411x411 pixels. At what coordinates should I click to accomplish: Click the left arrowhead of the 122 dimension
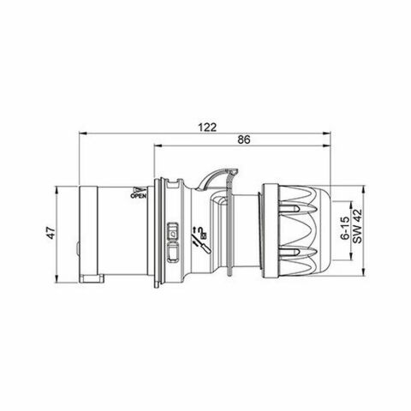pos(82,134)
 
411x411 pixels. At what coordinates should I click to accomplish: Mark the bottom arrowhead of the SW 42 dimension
pos(364,275)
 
